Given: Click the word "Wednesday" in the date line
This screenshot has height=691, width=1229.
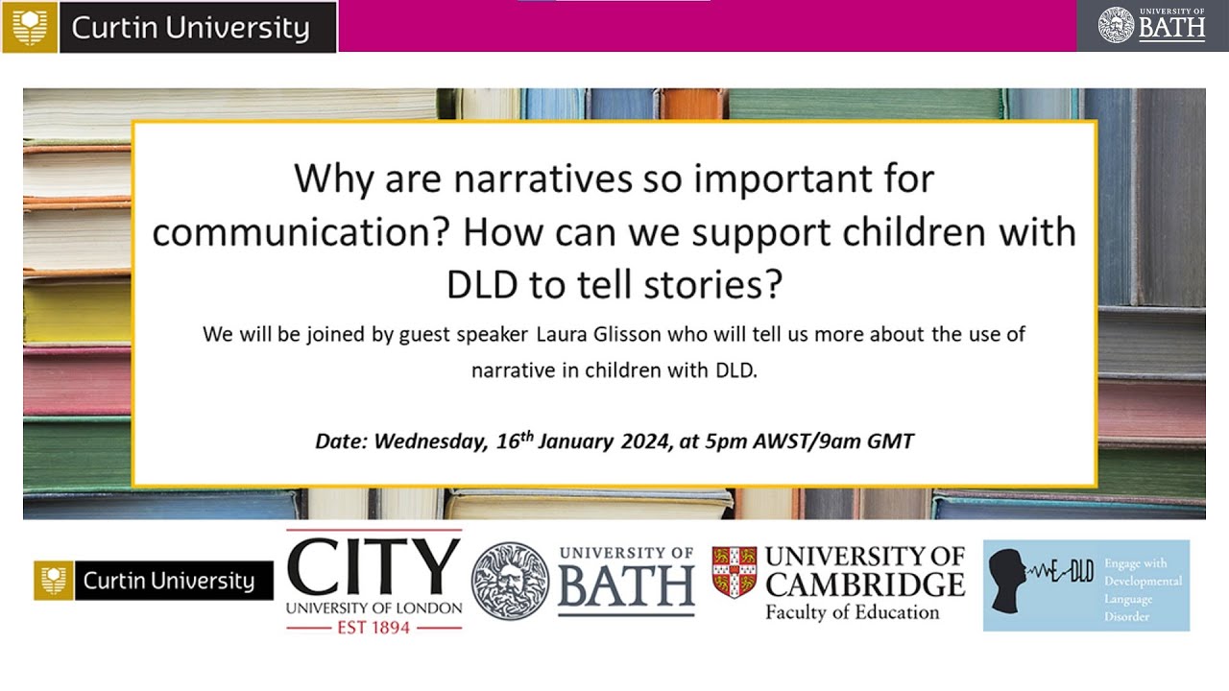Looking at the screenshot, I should pos(430,441).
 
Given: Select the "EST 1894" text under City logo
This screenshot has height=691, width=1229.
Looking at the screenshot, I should pos(374,627).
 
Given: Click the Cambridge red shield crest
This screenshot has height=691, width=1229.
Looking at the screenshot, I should pos(735,572).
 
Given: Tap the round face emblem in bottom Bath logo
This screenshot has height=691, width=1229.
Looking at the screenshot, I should pos(510,581).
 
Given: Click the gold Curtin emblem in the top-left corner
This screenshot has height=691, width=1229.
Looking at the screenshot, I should pos(30,27).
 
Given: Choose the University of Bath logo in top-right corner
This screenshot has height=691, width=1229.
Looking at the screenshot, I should pos(1152,26).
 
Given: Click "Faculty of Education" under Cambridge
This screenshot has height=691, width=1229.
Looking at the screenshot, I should pos(852,612).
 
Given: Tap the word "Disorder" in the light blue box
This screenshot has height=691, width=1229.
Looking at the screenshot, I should pos(1126,616).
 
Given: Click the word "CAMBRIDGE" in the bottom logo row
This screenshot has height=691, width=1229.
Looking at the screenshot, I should pos(864,584).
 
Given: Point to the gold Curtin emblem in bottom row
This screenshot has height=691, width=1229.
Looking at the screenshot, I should pos(54,581).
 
